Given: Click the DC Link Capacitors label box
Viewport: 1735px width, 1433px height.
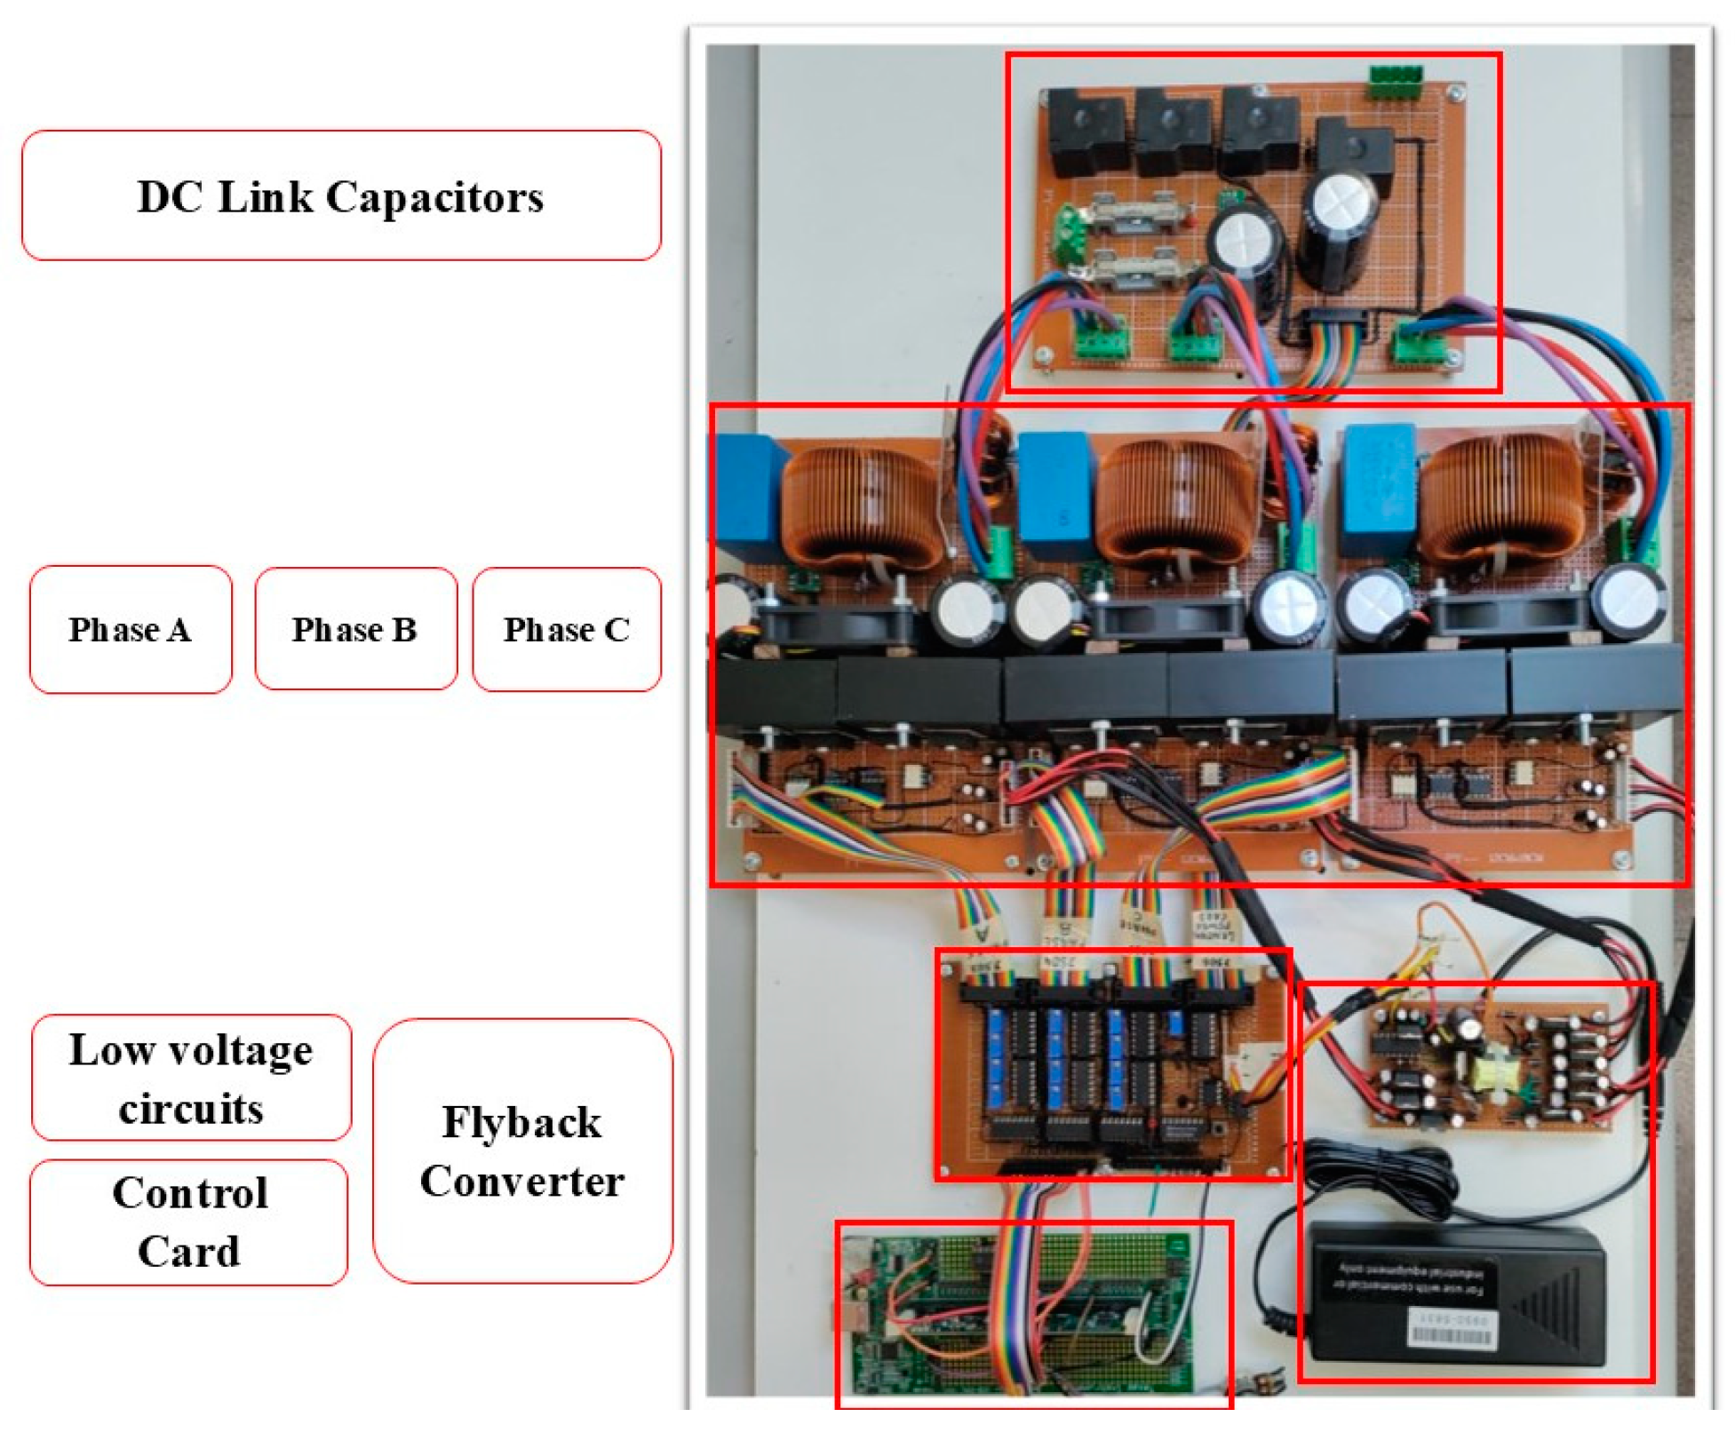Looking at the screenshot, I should coord(340,196).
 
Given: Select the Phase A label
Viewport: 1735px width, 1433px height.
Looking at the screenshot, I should coord(131,630).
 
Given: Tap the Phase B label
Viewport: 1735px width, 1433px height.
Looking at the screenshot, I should coord(355,630).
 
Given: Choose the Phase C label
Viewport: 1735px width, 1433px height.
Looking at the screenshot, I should coord(567,630).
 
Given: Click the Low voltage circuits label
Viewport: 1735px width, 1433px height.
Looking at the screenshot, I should coord(191,1079).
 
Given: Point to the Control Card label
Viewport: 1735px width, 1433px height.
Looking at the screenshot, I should coord(189,1222).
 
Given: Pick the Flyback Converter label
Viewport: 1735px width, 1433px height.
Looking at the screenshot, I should coord(522,1151).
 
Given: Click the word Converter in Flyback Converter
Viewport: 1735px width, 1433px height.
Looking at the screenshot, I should coord(522,1182).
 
